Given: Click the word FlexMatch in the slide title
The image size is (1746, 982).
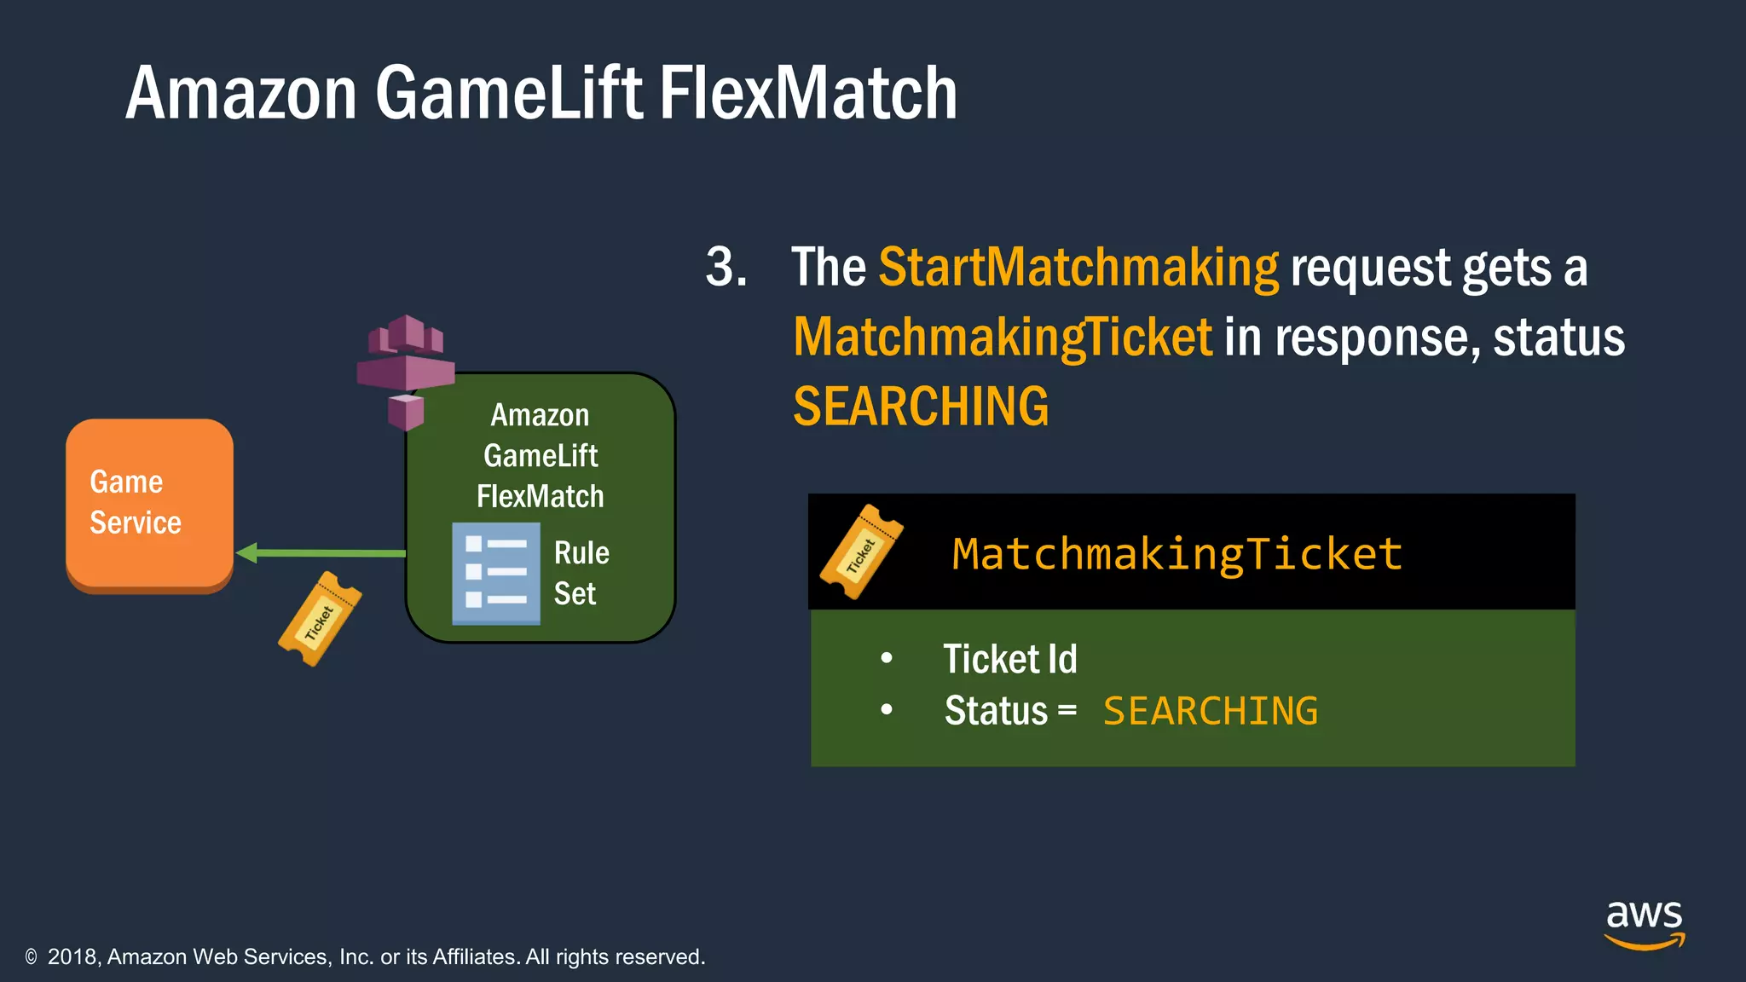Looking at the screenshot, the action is pos(807,94).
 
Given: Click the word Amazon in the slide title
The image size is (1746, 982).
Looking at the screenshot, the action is pos(240,94).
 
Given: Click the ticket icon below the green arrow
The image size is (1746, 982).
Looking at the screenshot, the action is pos(320,619).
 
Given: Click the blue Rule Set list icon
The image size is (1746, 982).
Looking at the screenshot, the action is pos(495,574).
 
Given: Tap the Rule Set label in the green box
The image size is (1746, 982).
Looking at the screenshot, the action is pos(581,573).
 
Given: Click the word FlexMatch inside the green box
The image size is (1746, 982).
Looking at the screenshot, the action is pos(540,496).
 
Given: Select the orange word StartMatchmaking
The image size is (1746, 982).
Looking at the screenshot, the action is pos(1078,268).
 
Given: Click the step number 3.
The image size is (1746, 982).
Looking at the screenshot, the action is pos(726,268).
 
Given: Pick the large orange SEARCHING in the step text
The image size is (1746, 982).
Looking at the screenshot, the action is pos(921,407).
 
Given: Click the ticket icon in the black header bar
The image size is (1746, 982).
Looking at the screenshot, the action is pos(860,552).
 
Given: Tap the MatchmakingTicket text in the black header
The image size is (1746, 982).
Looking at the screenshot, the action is pos(1177,554).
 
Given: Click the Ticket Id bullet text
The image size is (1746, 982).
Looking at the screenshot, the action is pos(1009,659).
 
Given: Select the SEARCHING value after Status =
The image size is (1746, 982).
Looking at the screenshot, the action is pos(1211,711).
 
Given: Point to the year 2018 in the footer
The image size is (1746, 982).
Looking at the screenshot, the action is pos(74,957).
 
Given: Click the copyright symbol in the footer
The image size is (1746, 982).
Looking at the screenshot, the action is pos(32,957).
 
